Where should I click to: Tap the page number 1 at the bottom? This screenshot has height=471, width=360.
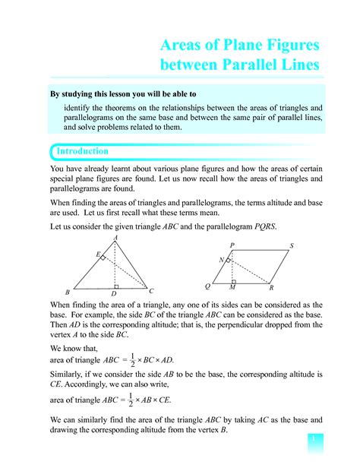[x=311, y=439]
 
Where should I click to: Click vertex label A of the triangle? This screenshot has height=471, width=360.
[x=115, y=238]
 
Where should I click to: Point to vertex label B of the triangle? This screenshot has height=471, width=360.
[x=68, y=292]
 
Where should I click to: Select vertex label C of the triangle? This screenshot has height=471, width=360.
[x=152, y=291]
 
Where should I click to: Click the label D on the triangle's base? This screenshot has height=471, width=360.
[x=114, y=294]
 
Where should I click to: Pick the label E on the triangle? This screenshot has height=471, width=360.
[x=96, y=254]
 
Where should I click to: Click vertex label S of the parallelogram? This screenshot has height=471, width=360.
[x=292, y=245]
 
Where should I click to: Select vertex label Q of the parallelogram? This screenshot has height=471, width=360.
[x=207, y=286]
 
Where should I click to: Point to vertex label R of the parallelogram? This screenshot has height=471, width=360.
[x=271, y=289]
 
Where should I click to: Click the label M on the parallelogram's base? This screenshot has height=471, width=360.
[x=232, y=289]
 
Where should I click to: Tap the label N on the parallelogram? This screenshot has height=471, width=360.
[x=221, y=260]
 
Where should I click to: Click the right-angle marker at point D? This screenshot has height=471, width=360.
[x=116, y=286]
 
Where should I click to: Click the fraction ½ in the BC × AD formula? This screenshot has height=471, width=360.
[x=132, y=360]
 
